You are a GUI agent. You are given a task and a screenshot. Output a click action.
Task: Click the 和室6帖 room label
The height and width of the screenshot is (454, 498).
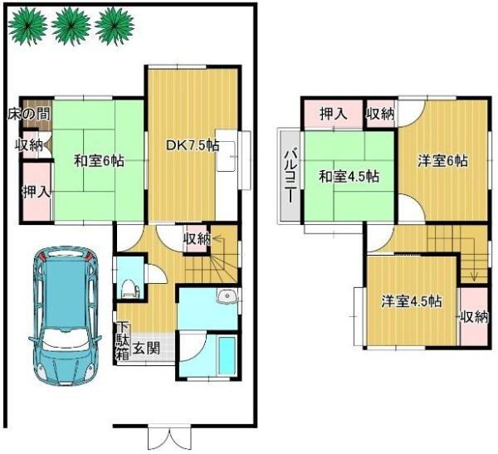click(x=98, y=162)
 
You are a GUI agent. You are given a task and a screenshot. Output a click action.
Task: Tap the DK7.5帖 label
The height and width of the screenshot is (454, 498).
click(x=193, y=145)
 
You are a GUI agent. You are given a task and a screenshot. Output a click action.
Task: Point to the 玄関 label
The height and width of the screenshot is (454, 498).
click(x=149, y=349)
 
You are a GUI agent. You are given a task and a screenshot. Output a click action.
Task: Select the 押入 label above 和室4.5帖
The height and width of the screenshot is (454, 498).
click(x=334, y=114)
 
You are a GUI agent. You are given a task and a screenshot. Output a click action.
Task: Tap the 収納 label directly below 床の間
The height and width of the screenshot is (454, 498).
click(x=28, y=145)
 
